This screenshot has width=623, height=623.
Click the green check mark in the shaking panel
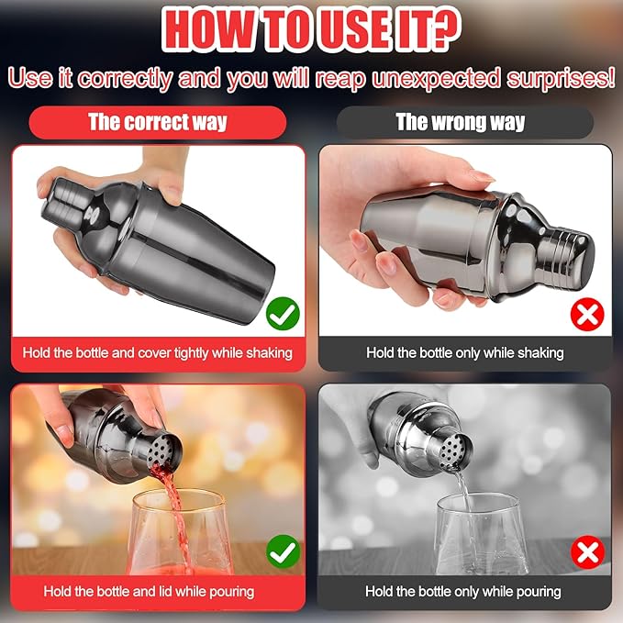click(x=283, y=314)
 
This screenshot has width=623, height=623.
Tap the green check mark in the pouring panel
click(x=283, y=551)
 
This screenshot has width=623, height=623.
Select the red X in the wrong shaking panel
click(x=587, y=316)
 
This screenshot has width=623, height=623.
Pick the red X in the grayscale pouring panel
click(x=587, y=552)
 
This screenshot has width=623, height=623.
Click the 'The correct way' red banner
click(x=158, y=122)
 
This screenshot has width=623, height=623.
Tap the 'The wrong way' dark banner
click(x=465, y=122)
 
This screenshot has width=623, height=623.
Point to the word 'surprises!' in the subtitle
click(x=561, y=78)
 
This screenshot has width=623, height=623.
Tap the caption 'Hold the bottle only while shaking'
click(x=465, y=353)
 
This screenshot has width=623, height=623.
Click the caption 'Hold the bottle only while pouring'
click(x=463, y=592)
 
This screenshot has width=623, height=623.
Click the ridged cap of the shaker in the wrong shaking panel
click(x=570, y=254)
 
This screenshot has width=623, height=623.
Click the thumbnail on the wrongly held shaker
click(x=482, y=176)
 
